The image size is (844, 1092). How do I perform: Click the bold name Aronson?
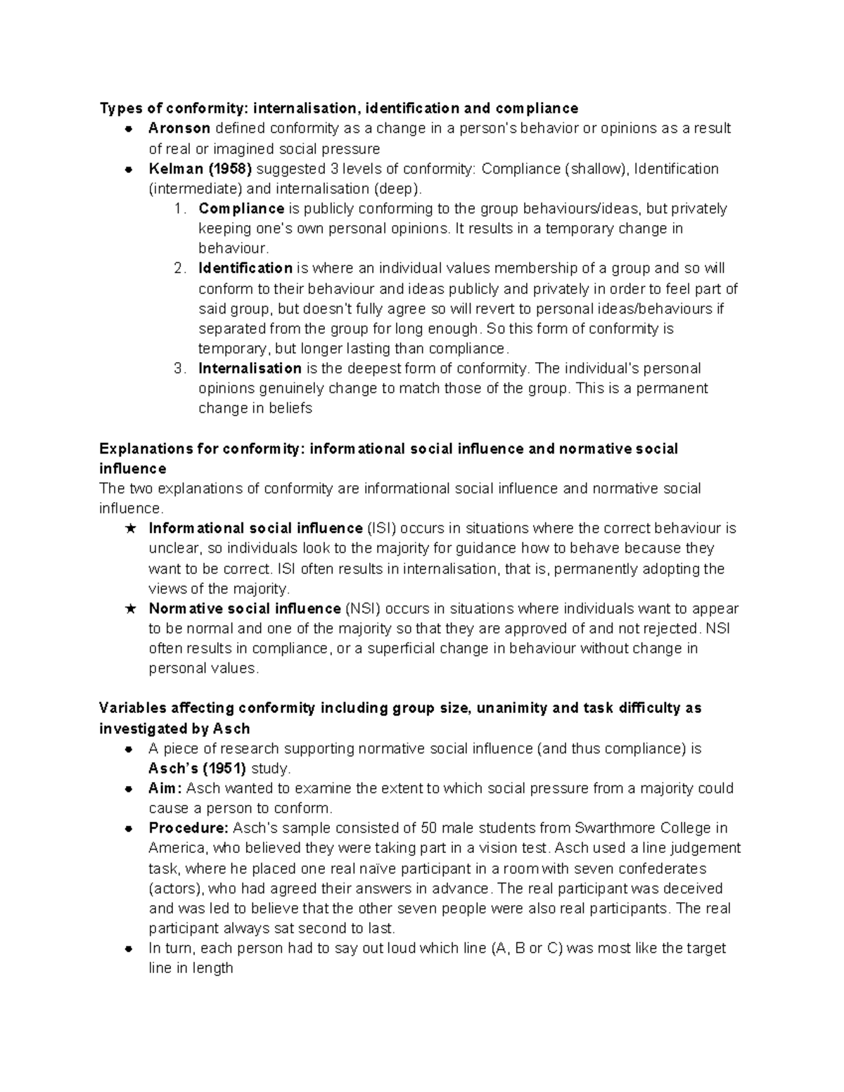(179, 129)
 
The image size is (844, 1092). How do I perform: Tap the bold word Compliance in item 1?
(241, 209)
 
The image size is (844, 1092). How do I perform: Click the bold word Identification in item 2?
(245, 269)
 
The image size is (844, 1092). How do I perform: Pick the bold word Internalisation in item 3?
(250, 368)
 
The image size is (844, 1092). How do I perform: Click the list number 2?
(180, 269)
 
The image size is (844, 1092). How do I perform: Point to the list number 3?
(180, 368)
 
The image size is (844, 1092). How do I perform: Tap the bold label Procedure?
(188, 828)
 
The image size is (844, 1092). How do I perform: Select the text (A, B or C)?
(524, 949)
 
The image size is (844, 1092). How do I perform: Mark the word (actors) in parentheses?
(176, 889)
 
